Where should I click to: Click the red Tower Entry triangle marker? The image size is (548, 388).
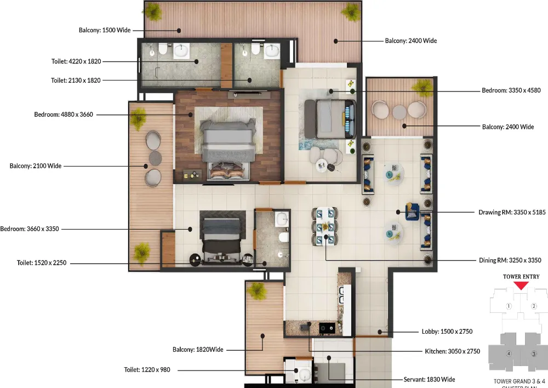click(521, 286)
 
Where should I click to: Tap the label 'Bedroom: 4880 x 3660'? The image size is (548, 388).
click(64, 115)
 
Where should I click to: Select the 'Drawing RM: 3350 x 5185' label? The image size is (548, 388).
click(511, 212)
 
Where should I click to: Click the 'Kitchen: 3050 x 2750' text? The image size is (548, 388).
click(452, 351)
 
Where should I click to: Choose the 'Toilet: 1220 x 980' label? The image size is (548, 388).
click(147, 370)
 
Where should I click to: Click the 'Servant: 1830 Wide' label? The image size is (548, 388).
click(430, 379)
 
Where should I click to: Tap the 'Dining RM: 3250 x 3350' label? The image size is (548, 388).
click(510, 260)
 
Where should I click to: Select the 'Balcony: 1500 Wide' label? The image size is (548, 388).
click(105, 30)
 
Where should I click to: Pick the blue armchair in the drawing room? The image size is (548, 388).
click(412, 211)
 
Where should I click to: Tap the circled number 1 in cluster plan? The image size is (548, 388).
click(509, 306)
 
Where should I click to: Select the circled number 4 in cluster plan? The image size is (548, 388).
click(509, 353)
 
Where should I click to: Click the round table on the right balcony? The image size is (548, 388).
click(399, 112)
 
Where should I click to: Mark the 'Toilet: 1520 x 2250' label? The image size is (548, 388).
click(42, 263)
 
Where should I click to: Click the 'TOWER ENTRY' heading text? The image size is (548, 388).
click(521, 277)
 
